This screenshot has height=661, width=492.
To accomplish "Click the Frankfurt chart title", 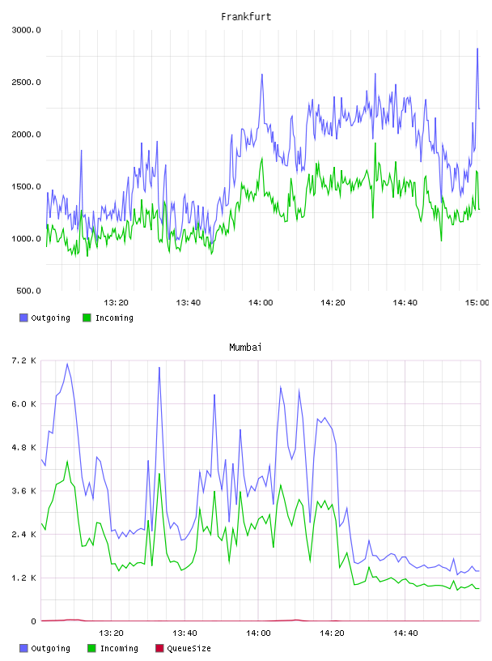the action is coord(246,17).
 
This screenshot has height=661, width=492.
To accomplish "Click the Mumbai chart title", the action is coord(245,348).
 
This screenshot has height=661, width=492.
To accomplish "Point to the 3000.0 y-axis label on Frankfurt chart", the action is coord(26,30).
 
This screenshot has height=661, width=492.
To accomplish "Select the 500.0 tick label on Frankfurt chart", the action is coord(28,291).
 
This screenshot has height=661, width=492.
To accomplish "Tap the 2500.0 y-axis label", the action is coord(26,82).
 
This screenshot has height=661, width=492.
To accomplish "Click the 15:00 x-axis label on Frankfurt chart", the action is coord(477,303).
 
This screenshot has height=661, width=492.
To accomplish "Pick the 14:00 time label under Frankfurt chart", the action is coord(261,303).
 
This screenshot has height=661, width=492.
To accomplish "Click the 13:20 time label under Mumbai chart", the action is coord(111,633).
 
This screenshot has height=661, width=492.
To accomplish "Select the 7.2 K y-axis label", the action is coord(24,360).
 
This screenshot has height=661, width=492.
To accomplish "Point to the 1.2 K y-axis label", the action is coord(24,578).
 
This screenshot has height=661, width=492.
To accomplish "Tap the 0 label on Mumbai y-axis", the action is coord(33,621).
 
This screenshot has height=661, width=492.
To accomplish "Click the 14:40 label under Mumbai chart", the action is coord(405,633).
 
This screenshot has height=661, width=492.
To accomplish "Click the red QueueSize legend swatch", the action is coord(159,648).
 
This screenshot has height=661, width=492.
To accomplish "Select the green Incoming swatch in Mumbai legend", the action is coord(91,648).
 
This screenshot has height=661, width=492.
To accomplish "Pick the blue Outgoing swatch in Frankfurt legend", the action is coord(23,318).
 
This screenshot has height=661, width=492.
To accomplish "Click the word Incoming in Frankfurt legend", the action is coord(114,318).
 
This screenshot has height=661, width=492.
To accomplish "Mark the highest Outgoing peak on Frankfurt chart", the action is coord(477,49).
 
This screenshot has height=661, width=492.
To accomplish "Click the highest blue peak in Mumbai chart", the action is coord(67,364).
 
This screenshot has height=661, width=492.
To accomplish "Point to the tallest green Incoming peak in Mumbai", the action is coord(67,461).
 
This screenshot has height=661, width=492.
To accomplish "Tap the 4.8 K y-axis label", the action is coord(24,448).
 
